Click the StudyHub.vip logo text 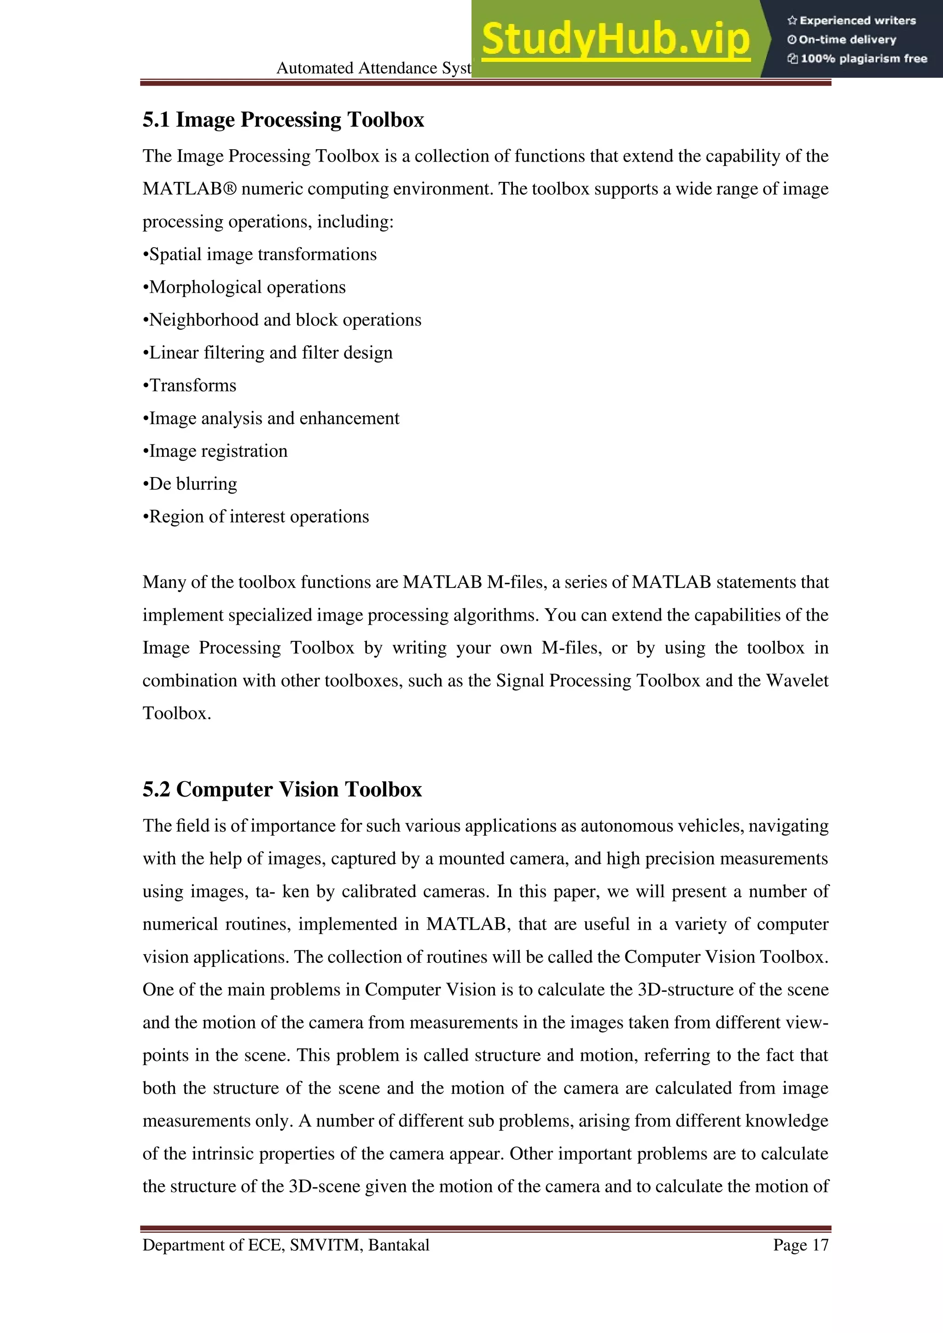tap(616, 40)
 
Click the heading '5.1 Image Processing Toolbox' tap(283, 120)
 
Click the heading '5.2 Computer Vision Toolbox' tap(282, 790)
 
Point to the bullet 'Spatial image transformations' tap(260, 254)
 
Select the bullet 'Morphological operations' tap(244, 287)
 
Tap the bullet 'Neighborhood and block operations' tap(282, 320)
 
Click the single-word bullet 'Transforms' tap(190, 385)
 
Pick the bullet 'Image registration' tap(215, 451)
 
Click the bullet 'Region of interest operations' tap(256, 517)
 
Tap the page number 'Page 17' tap(800, 1246)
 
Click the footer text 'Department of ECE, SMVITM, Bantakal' tap(285, 1246)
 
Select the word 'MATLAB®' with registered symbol tap(190, 189)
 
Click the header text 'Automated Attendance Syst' tap(373, 68)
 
